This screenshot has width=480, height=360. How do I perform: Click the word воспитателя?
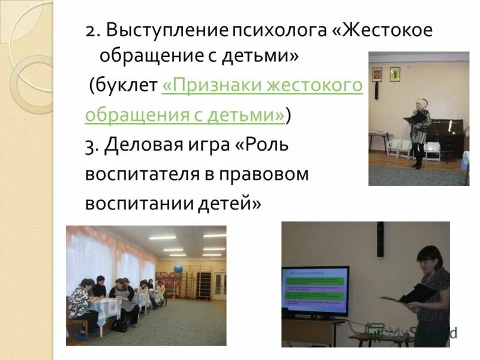point(143,174)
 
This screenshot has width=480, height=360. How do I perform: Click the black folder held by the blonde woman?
point(414,120)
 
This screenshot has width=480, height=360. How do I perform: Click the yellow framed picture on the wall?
point(394,74)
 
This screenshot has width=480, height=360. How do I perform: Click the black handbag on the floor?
point(119,325)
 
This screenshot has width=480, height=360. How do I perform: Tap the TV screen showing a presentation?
point(315,291)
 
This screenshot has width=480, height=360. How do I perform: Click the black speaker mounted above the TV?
point(380,239)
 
